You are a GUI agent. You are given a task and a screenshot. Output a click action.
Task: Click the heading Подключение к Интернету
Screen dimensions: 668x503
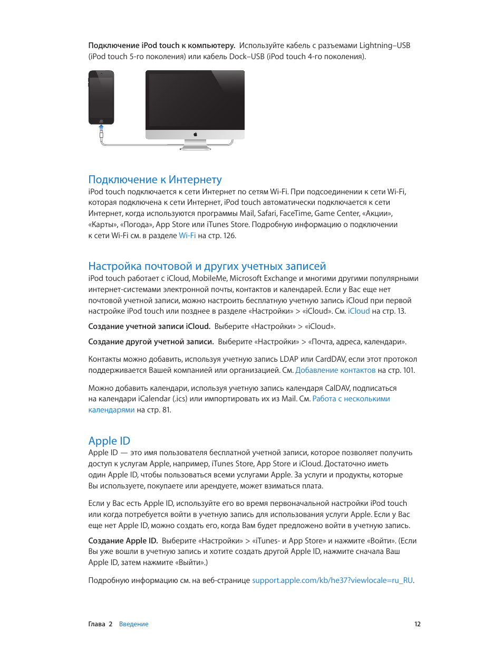[x=155, y=180]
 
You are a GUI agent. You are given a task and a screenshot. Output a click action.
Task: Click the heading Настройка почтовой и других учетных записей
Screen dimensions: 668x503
[x=207, y=266]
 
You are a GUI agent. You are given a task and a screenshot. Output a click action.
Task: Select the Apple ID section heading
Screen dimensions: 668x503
[x=109, y=441]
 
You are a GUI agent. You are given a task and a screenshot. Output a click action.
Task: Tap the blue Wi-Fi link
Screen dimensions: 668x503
[x=187, y=236]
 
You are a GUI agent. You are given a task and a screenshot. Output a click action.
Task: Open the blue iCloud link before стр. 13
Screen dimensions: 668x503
[x=359, y=311]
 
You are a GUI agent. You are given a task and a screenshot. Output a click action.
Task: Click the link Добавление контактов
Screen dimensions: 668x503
[x=335, y=370]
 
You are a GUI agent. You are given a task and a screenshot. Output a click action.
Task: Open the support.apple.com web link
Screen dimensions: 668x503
[x=332, y=580]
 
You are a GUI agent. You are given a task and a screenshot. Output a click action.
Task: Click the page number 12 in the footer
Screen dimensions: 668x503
[x=417, y=624]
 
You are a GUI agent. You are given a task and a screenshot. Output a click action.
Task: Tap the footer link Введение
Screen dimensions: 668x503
[x=134, y=624]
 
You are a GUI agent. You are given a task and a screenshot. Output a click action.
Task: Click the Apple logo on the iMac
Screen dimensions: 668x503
[x=195, y=135]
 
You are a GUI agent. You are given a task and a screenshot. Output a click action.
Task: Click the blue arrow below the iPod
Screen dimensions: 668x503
[x=101, y=127]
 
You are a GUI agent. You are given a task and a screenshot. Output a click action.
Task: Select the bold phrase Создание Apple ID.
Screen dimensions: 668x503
[x=123, y=541]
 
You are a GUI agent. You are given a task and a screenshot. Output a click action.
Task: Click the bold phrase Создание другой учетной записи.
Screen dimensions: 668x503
[x=151, y=342]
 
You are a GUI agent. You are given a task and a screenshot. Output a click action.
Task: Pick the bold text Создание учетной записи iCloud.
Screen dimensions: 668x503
[x=149, y=326]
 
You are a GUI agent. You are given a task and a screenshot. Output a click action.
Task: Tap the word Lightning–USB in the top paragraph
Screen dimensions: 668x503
[x=384, y=45]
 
